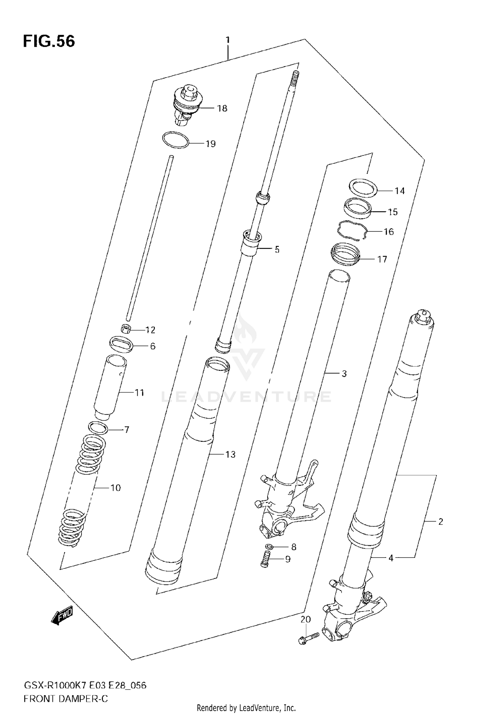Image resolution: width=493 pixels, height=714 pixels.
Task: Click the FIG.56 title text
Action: coord(49,42)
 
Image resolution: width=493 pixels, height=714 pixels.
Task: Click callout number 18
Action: coord(222,108)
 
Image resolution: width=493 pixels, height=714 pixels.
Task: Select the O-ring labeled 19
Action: coord(176,140)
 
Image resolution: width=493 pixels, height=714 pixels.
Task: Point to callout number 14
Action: coord(400,191)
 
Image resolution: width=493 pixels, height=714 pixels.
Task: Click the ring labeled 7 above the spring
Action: coord(98,428)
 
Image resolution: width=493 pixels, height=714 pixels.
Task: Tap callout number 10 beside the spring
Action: coord(116,488)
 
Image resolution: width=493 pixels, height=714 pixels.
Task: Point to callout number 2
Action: coord(441,522)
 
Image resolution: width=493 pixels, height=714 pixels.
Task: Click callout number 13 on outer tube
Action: coord(230,454)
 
